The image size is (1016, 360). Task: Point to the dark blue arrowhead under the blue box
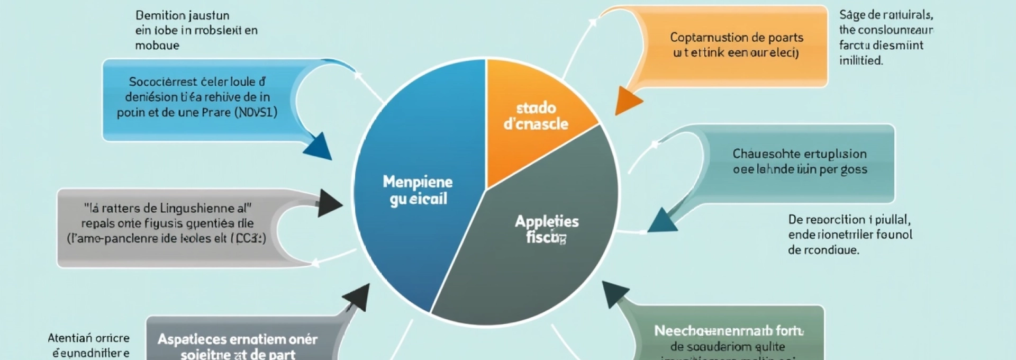click(319, 146)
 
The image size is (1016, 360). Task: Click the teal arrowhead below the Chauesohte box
click(661, 221)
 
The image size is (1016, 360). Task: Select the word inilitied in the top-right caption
click(860, 61)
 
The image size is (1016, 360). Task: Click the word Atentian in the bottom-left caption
click(70, 338)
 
